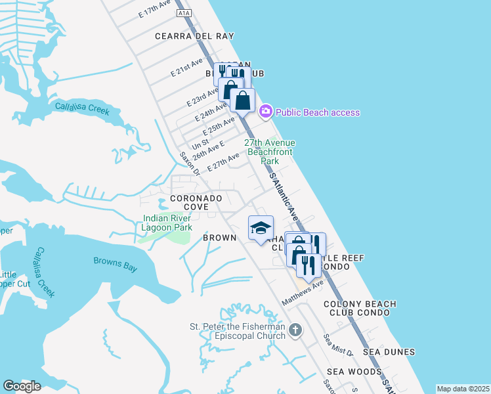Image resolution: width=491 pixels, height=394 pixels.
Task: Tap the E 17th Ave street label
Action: tap(155, 13)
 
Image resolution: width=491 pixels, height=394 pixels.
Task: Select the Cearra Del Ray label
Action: tap(194, 36)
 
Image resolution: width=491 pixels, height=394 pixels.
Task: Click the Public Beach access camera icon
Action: tap(265, 112)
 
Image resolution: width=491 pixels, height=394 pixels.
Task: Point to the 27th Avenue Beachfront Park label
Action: tap(270, 152)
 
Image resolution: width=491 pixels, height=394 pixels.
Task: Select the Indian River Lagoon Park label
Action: tap(167, 223)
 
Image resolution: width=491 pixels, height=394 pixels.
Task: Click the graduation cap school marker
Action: tap(261, 228)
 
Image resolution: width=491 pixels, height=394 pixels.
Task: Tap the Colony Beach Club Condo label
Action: tap(360, 309)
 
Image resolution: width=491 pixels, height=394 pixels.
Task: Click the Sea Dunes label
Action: tap(390, 352)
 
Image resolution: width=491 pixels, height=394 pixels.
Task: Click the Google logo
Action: tap(22, 386)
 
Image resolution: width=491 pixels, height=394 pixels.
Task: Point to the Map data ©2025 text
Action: tap(463, 389)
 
